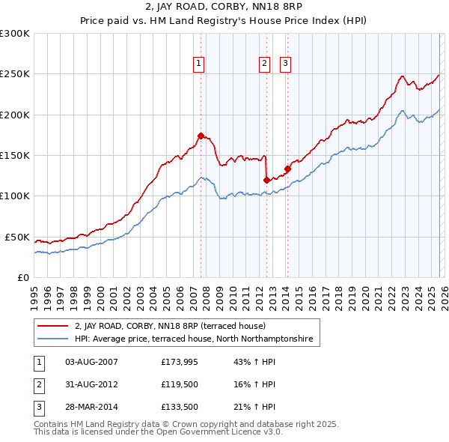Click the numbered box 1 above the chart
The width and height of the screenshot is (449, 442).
(199, 64)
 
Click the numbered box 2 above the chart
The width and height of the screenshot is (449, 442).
(265, 64)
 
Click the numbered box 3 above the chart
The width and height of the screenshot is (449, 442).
(286, 64)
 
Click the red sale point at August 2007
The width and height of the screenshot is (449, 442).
(201, 136)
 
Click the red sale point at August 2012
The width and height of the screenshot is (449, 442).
(267, 180)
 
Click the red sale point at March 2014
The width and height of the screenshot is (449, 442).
(287, 169)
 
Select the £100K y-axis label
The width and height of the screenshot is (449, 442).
(15, 196)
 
